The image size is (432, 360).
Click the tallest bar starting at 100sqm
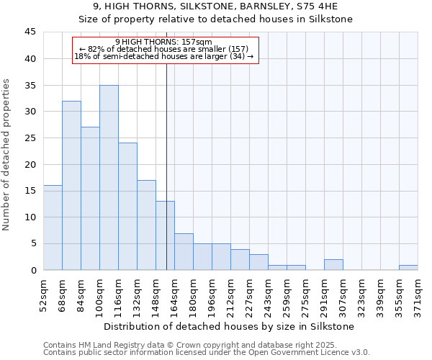point(109,177)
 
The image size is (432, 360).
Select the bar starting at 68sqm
point(71,185)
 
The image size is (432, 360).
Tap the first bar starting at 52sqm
point(53,228)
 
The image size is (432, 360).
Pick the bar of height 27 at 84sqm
point(90,199)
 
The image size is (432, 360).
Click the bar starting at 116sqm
point(127,207)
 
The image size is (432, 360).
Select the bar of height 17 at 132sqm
point(146,225)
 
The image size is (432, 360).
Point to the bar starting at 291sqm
point(333,265)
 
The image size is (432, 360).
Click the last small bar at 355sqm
point(408,268)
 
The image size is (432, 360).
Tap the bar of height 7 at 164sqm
point(184,251)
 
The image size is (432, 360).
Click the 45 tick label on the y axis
point(30,32)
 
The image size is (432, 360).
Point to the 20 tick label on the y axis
point(30,164)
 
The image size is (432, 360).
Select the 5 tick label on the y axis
point(33,243)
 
